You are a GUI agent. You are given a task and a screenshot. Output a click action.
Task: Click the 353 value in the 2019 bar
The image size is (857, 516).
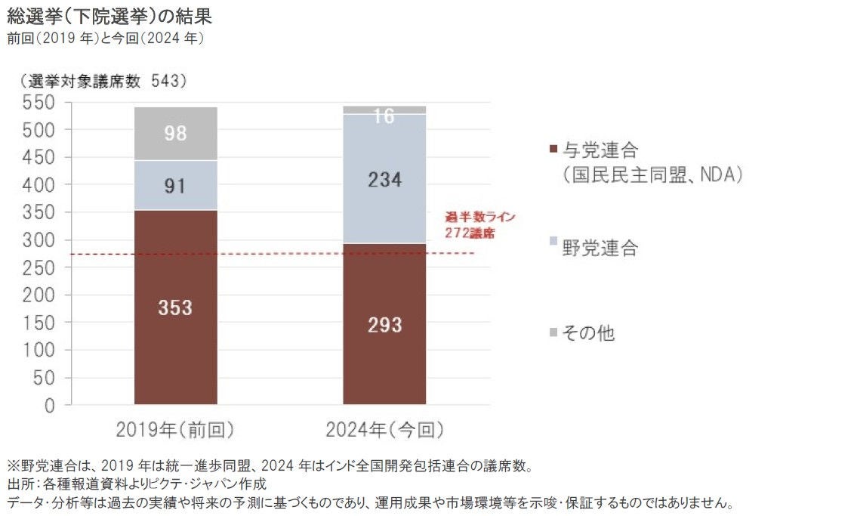[x=175, y=308]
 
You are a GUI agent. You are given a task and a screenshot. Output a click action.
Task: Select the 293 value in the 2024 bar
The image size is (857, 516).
[x=384, y=325]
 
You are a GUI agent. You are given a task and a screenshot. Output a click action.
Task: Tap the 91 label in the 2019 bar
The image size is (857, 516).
[x=175, y=186]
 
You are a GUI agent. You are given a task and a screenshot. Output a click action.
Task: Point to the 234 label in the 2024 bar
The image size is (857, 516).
[x=384, y=180]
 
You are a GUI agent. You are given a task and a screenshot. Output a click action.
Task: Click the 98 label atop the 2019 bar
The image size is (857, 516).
[x=175, y=134]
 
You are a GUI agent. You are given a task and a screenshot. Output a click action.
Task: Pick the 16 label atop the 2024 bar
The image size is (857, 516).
[x=384, y=116]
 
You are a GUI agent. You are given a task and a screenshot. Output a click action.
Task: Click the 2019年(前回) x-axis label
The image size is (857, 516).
[x=175, y=430]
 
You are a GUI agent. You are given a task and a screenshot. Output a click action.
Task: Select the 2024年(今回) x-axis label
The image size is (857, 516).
[x=384, y=430]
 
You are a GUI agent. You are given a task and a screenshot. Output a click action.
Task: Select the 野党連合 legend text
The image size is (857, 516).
[x=600, y=248]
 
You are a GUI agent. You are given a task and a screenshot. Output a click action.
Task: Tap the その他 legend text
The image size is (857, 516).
[x=588, y=333]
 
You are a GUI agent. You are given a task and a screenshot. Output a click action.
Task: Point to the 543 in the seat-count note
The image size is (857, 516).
[x=168, y=79]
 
